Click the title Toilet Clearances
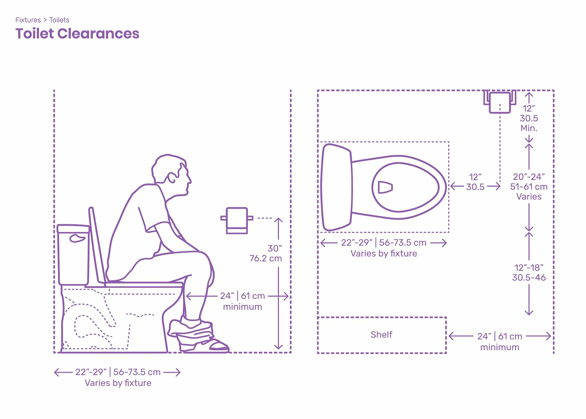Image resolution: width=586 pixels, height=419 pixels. (77, 34)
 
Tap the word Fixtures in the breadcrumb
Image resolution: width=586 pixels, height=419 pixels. (28, 20)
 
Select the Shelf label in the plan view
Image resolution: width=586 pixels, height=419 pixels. (381, 335)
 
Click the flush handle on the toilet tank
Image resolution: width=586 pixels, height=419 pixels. (77, 238)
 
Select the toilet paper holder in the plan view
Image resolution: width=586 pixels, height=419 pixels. (500, 102)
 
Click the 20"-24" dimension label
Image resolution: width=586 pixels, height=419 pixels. (529, 177)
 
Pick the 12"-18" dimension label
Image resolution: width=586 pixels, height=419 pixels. (529, 268)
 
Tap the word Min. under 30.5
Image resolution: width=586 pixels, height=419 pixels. (529, 128)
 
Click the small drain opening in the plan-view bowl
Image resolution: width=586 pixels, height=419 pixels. (385, 187)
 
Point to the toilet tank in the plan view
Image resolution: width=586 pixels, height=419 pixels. (336, 187)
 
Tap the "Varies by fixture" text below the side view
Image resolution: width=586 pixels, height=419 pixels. (118, 383)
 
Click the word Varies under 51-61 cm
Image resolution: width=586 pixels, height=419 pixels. (529, 197)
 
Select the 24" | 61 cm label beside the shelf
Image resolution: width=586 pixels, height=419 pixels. (500, 336)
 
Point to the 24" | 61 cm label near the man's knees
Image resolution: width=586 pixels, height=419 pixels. (242, 296)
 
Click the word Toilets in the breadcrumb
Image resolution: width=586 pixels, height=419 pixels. (59, 20)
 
